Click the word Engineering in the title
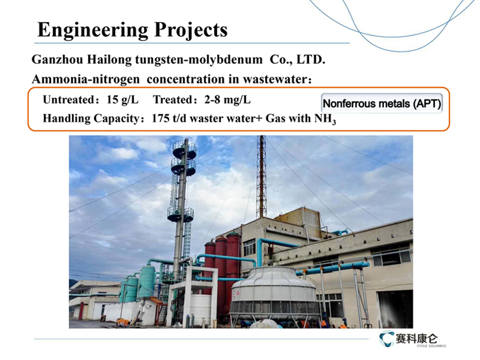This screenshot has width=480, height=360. click(93, 31)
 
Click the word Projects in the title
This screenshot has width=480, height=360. click(191, 31)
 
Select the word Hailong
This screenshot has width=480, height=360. click(110, 60)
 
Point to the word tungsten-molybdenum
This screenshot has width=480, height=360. click(199, 60)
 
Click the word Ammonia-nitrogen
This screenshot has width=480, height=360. click(86, 79)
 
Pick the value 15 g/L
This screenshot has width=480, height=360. click(122, 100)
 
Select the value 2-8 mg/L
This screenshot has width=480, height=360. click(228, 100)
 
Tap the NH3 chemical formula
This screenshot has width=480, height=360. click(325, 119)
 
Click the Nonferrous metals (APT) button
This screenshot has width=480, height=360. click(382, 103)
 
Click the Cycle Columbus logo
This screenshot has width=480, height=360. click(412, 339)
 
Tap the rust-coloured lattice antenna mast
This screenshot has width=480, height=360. click(262, 177)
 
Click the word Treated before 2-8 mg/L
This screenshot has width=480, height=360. click(172, 100)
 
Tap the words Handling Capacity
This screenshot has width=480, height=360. click(91, 119)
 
